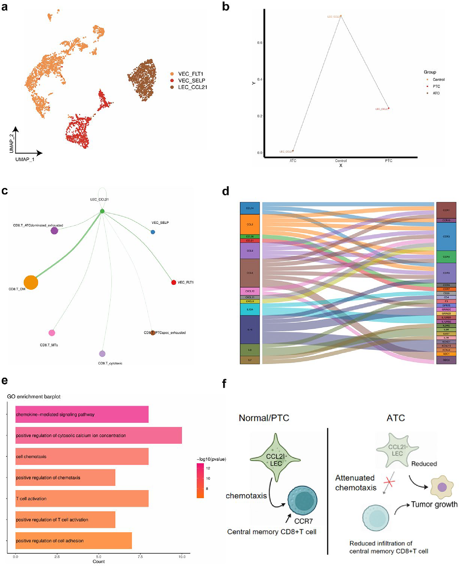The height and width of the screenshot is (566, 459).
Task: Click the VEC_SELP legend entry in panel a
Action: [191, 80]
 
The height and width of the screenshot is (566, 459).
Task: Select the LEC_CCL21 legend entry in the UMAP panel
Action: [192, 87]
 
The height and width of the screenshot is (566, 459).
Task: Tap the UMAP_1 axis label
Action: [25, 159]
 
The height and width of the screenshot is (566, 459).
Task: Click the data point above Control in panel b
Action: [341, 16]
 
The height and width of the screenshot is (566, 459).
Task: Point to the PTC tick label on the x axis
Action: [389, 161]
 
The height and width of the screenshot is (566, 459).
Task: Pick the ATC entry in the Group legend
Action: [436, 93]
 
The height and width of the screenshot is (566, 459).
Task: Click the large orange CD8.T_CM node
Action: [31, 282]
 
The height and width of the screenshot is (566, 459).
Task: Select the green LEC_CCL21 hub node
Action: [102, 211]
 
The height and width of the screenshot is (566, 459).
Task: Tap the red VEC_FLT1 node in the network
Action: [174, 282]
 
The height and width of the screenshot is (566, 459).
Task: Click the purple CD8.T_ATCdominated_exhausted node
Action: [54, 231]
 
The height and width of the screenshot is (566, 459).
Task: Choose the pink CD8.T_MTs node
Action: [52, 333]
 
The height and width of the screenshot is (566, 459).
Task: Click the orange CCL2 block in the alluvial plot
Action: [250, 224]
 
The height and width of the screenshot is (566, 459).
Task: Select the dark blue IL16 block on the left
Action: [250, 330]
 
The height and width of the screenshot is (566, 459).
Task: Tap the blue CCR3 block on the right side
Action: [446, 237]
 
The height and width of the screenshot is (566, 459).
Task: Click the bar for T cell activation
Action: [82, 499]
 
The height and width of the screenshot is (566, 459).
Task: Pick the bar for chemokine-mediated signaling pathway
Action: [82, 414]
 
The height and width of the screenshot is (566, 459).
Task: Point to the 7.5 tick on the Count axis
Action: [140, 557]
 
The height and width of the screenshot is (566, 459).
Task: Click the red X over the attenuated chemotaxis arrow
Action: [389, 482]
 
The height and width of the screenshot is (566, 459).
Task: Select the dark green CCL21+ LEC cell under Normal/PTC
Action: [275, 460]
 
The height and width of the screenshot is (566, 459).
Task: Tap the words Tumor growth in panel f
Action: [434, 504]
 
